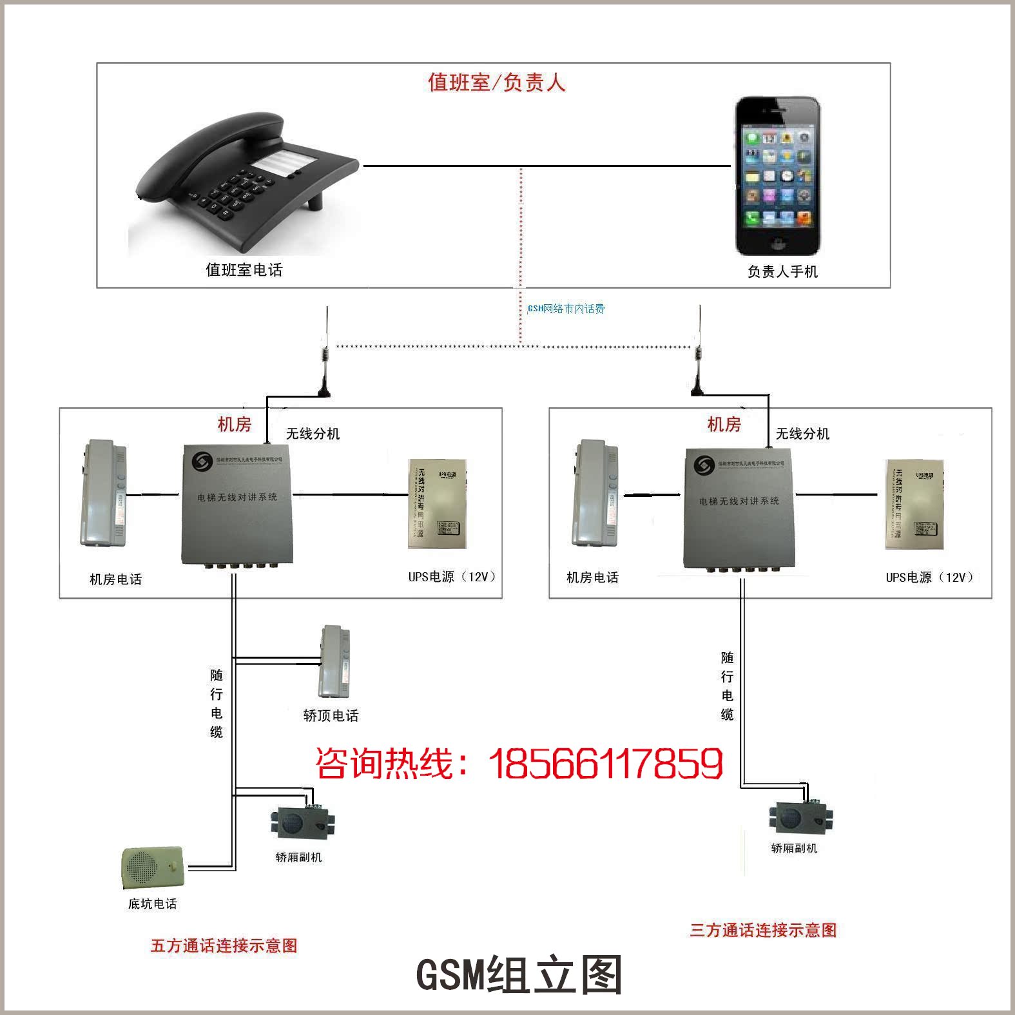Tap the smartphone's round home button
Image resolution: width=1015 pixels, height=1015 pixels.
[778, 244]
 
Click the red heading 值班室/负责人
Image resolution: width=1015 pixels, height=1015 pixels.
[496, 82]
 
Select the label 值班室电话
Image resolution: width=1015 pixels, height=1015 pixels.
[244, 270]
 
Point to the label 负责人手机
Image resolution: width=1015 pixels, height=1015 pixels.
[782, 272]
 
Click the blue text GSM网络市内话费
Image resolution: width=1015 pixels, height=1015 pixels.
[566, 309]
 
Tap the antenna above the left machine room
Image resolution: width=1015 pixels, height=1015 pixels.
[325, 354]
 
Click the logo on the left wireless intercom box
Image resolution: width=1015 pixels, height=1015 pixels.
[203, 462]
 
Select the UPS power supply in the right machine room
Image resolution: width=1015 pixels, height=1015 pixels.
[914, 504]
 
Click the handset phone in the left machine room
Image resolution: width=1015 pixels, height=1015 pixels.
[103, 494]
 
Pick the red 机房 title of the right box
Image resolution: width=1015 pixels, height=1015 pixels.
[724, 424]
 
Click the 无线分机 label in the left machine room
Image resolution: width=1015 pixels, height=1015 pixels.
[313, 434]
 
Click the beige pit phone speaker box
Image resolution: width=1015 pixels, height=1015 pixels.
[153, 867]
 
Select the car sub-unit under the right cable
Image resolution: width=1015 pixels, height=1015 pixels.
[800, 818]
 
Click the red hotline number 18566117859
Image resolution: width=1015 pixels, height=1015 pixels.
[606, 764]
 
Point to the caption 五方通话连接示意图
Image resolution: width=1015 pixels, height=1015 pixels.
[224, 945]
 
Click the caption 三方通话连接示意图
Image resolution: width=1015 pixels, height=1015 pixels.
[763, 930]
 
